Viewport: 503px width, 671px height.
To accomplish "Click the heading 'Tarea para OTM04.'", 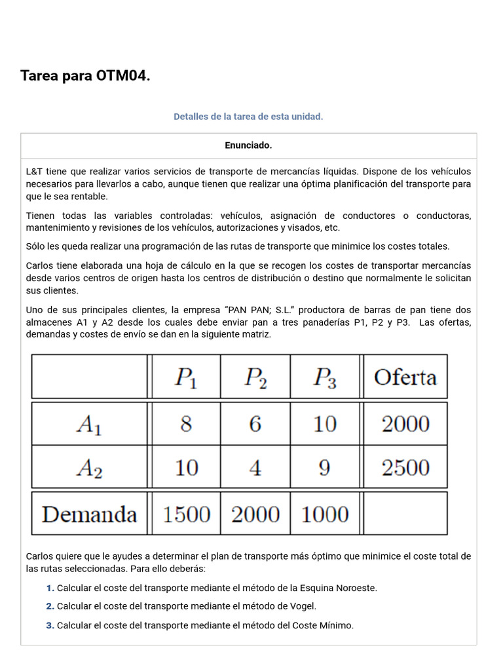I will [x=85, y=76].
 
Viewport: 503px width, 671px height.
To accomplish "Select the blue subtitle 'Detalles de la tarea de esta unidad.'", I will [x=248, y=117].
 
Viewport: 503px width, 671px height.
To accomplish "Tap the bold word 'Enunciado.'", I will [x=248, y=145].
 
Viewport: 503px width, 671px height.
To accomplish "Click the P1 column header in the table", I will [x=185, y=377].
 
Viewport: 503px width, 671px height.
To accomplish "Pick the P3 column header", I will [x=325, y=377].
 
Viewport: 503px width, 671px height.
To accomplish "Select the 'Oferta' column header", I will [x=405, y=377].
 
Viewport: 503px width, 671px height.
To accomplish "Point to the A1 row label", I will [x=89, y=425].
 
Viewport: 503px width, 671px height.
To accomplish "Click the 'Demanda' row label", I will [x=89, y=514].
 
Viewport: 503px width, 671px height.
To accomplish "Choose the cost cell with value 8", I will [x=186, y=425].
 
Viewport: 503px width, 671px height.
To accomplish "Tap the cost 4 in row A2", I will [x=255, y=468].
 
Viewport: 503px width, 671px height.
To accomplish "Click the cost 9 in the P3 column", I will [x=325, y=468].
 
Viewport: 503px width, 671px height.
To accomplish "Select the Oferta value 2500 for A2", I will [x=405, y=468].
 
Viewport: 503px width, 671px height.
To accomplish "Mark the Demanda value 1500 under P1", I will [x=186, y=514].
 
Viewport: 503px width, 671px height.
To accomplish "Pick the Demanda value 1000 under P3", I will [x=325, y=514].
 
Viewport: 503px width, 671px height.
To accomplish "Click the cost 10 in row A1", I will [x=325, y=425].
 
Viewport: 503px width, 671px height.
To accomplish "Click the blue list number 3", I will [x=50, y=626].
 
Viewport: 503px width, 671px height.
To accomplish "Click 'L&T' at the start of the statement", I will [x=34, y=172].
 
